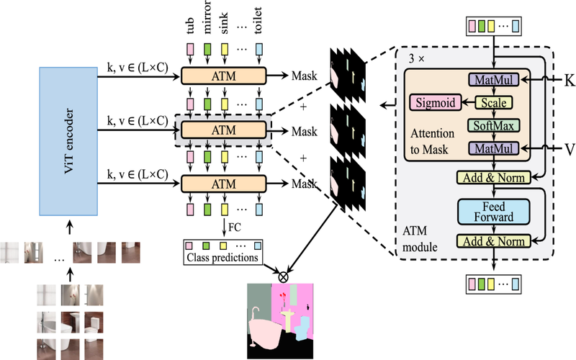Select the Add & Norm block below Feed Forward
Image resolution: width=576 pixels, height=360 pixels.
[x=493, y=242]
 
